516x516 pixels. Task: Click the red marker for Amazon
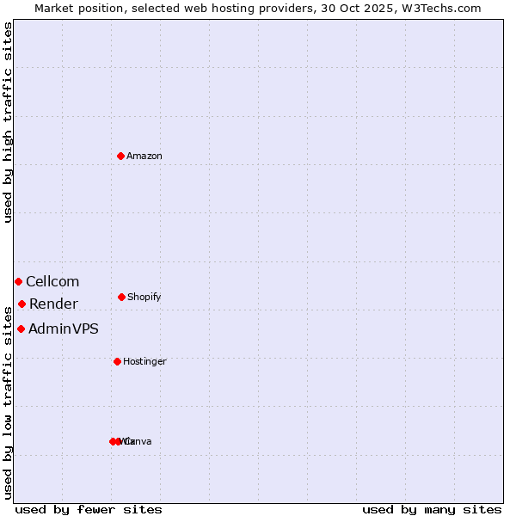(x=120, y=156)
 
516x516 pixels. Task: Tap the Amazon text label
(x=144, y=157)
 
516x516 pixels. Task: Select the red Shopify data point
(x=121, y=297)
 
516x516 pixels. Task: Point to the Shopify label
(x=144, y=298)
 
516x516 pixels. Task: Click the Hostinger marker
(x=117, y=361)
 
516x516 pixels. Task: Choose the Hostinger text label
(x=144, y=362)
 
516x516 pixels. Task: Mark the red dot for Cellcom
(x=18, y=281)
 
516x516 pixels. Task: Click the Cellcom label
(x=52, y=282)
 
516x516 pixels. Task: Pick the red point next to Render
(x=21, y=304)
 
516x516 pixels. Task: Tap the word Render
(x=53, y=304)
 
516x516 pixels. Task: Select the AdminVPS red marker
(x=21, y=329)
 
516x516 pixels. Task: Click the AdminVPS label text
(x=64, y=329)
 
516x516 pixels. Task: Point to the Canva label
(x=139, y=442)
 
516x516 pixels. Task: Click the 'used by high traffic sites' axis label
(x=9, y=122)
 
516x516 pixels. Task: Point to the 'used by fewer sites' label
(x=89, y=510)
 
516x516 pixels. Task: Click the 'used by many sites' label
(x=432, y=510)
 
